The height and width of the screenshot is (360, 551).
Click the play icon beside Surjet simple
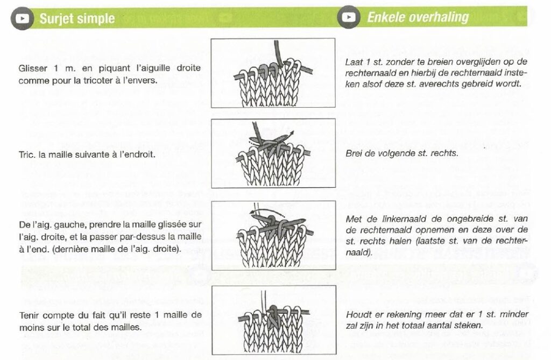pos(22,18)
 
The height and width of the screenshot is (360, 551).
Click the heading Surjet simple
pos(77,19)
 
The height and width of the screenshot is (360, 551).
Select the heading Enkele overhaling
pos(418,17)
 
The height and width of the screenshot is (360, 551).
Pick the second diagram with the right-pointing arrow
pos(273,153)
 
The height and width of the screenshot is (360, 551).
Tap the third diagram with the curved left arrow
pos(273,235)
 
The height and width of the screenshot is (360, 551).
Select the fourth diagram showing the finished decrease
pos(273,320)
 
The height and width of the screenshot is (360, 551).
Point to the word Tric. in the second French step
pos(27,154)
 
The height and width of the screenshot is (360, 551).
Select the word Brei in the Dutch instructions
pos(354,153)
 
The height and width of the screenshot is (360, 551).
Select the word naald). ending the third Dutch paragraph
pos(358,252)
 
